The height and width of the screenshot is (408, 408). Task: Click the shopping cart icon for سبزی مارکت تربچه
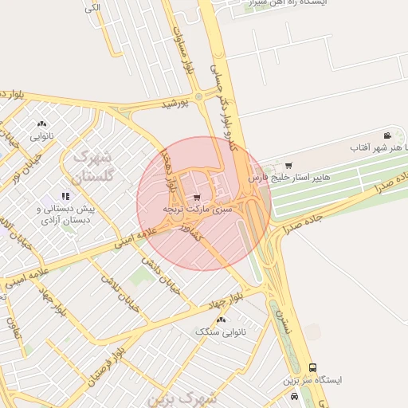click(197, 197)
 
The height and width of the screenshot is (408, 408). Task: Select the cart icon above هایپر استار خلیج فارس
click(288, 165)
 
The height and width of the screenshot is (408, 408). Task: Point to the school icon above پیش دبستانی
click(66, 196)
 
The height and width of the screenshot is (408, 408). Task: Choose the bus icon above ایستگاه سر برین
click(312, 368)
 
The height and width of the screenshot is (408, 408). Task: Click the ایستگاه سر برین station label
click(312, 380)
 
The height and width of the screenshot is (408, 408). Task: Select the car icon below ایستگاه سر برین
click(295, 396)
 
